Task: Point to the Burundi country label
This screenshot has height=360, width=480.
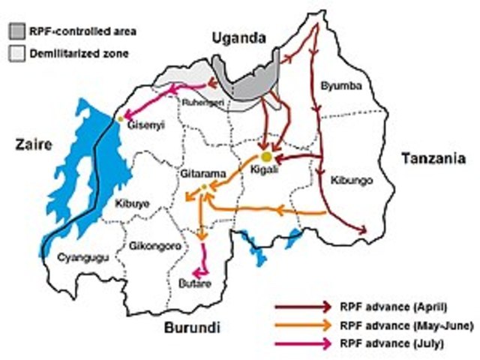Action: [x=190, y=327]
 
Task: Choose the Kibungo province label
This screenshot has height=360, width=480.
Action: [x=350, y=180]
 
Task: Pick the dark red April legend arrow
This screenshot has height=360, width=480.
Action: [x=303, y=306]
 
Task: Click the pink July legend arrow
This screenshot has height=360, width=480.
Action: [x=303, y=343]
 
